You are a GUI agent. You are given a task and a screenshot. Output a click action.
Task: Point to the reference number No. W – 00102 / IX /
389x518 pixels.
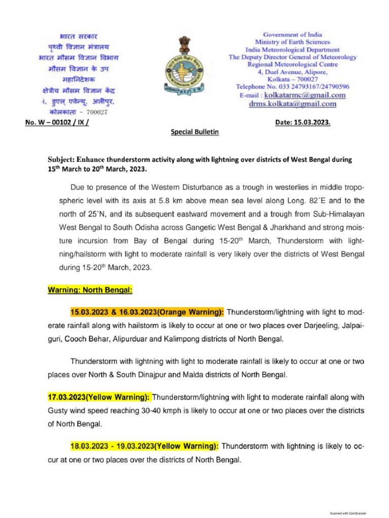point(57,122)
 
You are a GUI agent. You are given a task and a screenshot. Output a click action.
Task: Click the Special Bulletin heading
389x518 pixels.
point(194,132)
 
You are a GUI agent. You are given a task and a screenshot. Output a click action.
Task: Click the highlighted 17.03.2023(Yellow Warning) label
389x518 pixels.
point(99,398)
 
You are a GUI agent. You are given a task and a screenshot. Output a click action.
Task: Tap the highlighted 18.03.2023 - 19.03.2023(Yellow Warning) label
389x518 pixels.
point(144,447)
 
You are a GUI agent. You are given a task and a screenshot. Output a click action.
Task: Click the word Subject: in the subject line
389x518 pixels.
point(63,159)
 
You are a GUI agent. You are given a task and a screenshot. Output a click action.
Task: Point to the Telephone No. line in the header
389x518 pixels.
point(292,87)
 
